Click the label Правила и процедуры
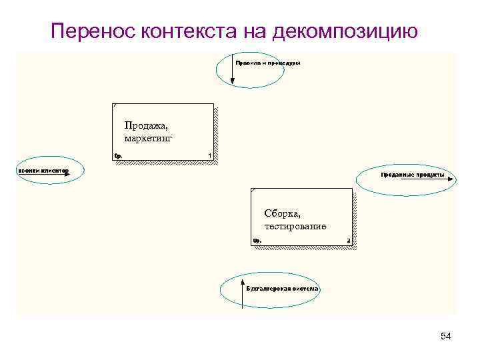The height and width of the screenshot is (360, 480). pyautogui.click(x=267, y=63)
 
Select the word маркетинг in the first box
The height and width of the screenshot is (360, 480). pyautogui.click(x=148, y=137)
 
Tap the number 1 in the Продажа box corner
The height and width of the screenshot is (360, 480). pyautogui.click(x=209, y=156)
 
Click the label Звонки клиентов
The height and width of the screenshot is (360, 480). pyautogui.click(x=43, y=171)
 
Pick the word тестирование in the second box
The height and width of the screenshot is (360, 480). pyautogui.click(x=295, y=226)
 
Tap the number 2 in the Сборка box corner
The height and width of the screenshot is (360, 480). pyautogui.click(x=348, y=241)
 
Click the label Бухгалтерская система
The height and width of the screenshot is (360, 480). pyautogui.click(x=282, y=289)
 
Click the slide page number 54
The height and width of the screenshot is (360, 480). pyautogui.click(x=446, y=337)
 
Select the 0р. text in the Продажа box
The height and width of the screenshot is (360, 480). pyautogui.click(x=118, y=156)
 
